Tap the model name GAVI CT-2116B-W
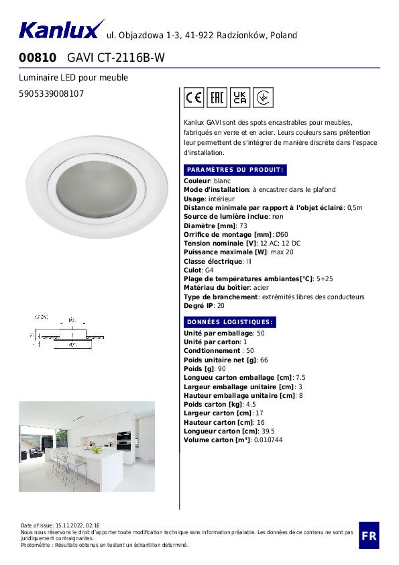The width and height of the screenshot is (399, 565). click(x=116, y=58)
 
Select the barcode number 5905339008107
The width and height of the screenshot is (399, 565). click(x=52, y=94)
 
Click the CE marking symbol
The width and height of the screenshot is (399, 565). click(x=194, y=98)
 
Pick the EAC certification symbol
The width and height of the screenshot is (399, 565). click(x=217, y=98)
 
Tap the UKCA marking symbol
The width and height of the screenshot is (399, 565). click(x=240, y=98)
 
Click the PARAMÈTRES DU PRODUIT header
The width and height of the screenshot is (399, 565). click(x=235, y=170)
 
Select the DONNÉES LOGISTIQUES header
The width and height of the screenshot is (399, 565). click(x=229, y=322)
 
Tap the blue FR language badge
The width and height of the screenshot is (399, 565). click(x=368, y=535)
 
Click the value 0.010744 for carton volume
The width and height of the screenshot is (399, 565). click(x=268, y=440)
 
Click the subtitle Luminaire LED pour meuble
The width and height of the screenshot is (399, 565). click(x=74, y=78)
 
